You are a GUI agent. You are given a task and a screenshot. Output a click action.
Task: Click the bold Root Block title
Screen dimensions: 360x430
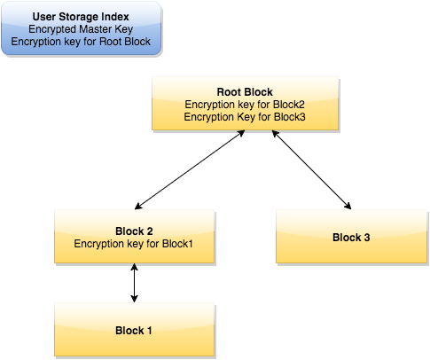(244, 91)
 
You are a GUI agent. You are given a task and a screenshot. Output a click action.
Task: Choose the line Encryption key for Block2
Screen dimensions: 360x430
(244, 104)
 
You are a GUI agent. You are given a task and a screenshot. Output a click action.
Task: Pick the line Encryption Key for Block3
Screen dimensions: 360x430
(244, 116)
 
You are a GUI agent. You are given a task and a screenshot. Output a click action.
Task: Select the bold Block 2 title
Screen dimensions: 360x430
(134, 230)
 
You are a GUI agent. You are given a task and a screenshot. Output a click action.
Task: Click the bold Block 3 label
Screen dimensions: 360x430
(351, 237)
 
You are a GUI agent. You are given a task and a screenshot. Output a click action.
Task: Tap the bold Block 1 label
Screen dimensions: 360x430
(134, 331)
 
